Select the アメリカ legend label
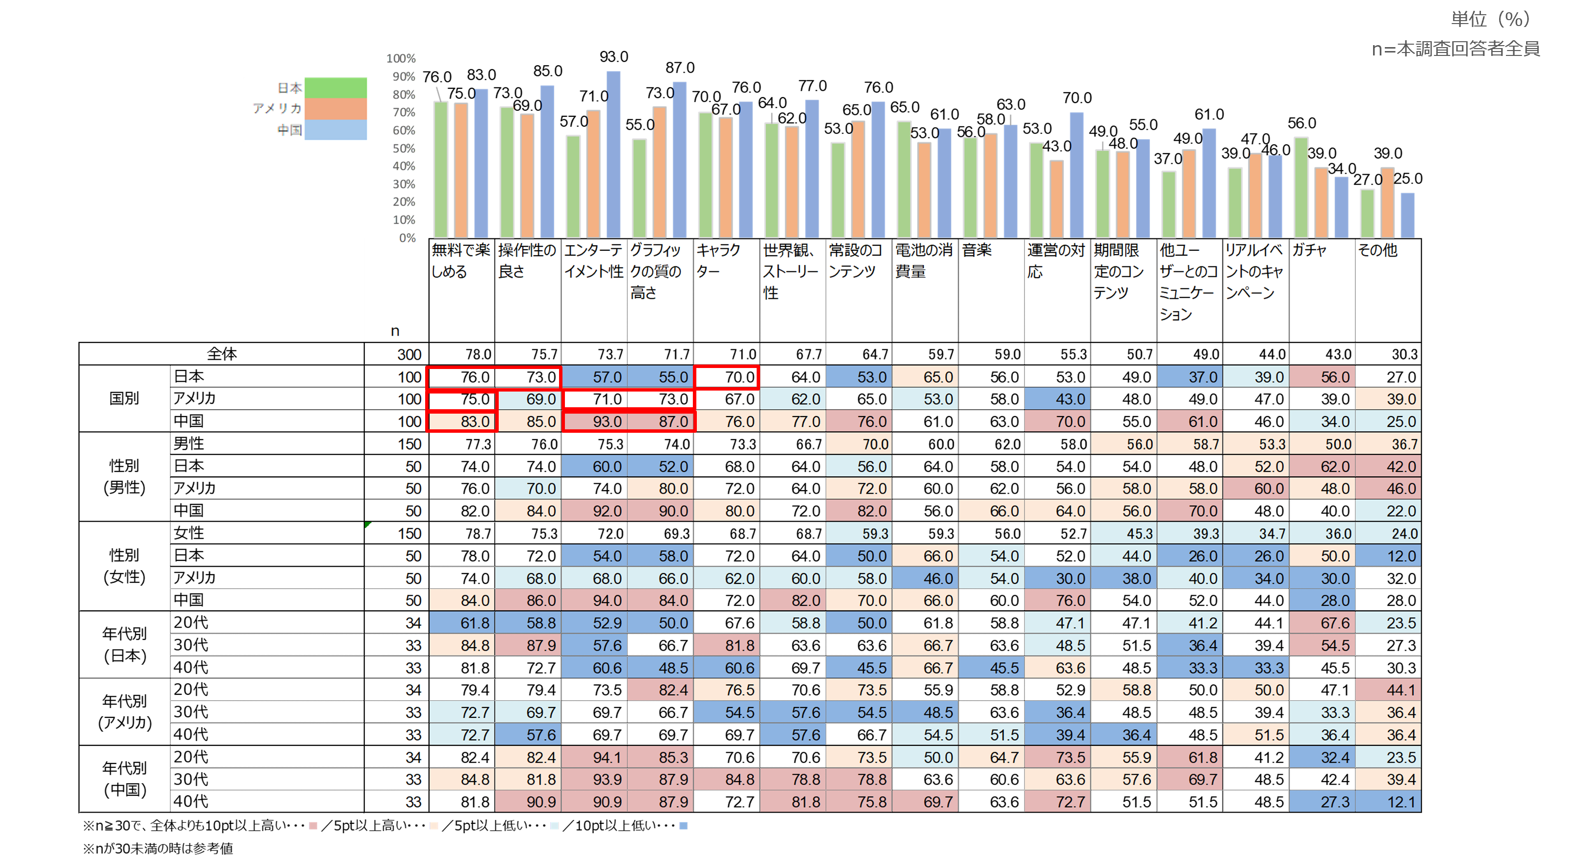pyautogui.click(x=277, y=108)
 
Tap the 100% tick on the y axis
pyautogui.click(x=401, y=59)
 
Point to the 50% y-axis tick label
pyautogui.click(x=404, y=149)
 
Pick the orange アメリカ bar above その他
pyautogui.click(x=1387, y=203)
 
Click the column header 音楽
pyautogui.click(x=977, y=250)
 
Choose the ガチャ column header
pyautogui.click(x=1309, y=250)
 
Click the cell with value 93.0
pyautogui.click(x=594, y=421)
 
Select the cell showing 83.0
pyautogui.click(x=462, y=421)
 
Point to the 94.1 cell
pyautogui.click(x=594, y=757)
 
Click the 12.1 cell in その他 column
pyautogui.click(x=1388, y=802)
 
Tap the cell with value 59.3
pyautogui.click(x=859, y=534)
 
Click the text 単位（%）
pyautogui.click(x=1490, y=20)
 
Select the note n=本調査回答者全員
pyautogui.click(x=1455, y=49)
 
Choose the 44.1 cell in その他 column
pyautogui.click(x=1388, y=690)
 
